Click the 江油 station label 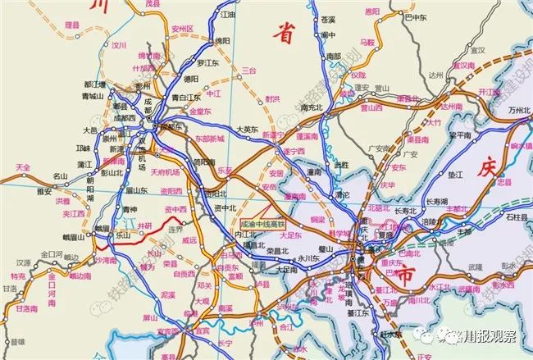click(x=229, y=16)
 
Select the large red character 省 click(x=285, y=33)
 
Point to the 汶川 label click(x=121, y=46)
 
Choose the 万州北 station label click(x=520, y=109)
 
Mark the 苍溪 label click(x=328, y=19)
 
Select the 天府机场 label click(x=165, y=172)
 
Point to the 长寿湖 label click(x=436, y=201)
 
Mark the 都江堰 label click(x=96, y=84)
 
